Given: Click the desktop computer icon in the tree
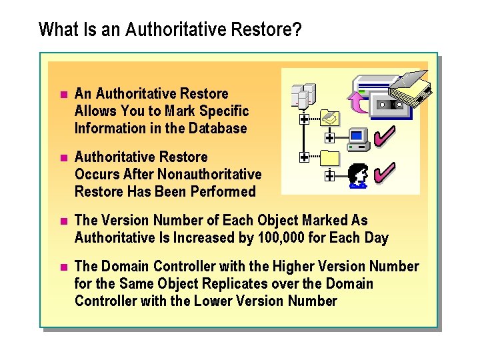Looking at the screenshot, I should [359, 138].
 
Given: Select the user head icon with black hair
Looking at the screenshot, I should [358, 176].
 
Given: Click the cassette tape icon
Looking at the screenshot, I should [390, 104].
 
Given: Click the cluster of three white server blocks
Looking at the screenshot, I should [303, 96].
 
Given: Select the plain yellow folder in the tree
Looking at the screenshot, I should [330, 159].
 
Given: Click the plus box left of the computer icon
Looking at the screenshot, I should [329, 138].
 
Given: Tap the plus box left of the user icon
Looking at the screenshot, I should [329, 176].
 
